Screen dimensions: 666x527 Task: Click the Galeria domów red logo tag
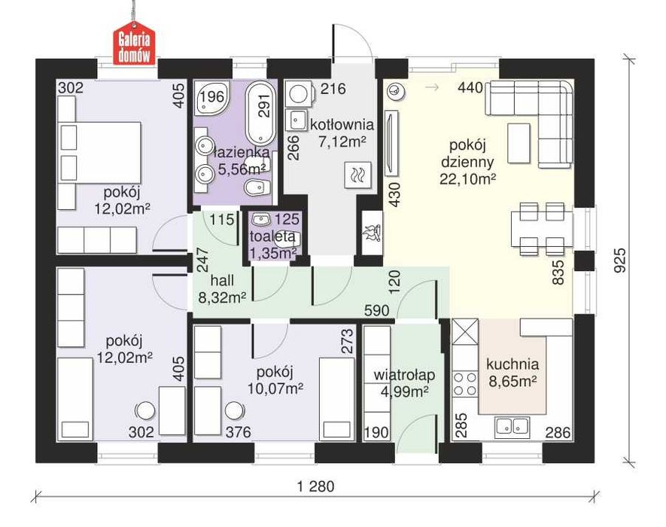(x=134, y=47)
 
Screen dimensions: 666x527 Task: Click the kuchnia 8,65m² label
(x=512, y=373)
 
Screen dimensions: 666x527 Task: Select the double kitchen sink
(x=512, y=426)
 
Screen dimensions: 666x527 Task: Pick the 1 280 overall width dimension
(x=316, y=486)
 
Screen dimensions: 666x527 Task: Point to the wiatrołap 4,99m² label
(x=404, y=383)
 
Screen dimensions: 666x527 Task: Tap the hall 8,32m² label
(x=222, y=289)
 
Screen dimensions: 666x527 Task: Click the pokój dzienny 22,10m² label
(x=467, y=162)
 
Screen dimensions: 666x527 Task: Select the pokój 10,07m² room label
(x=275, y=379)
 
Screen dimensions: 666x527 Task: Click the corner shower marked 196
(x=211, y=98)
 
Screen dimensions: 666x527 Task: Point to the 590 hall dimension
(x=376, y=311)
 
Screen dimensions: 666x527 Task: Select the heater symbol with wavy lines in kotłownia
(x=358, y=175)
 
